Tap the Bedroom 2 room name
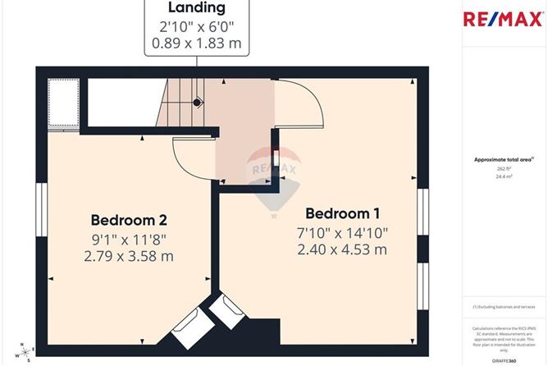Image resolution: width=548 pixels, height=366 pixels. click(129, 220)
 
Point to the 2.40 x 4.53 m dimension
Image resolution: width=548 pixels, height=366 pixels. click(341, 249)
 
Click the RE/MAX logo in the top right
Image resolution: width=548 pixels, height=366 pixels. click(502, 20)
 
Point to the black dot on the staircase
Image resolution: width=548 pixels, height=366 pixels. click(197, 103)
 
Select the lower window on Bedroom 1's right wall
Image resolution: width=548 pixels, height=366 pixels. click(423, 286)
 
